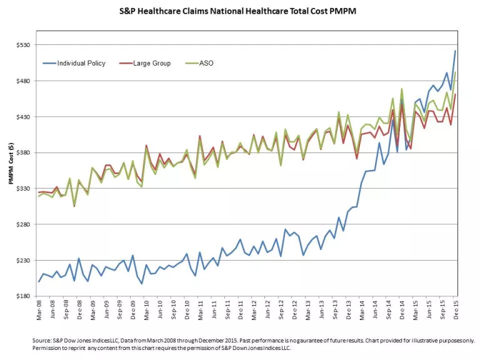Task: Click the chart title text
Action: (239, 11)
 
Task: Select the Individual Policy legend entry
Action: (81, 63)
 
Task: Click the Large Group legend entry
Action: (151, 63)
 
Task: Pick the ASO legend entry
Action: (206, 63)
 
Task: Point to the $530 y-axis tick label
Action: (22, 46)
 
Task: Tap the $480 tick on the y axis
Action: (22, 81)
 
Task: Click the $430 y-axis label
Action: (22, 117)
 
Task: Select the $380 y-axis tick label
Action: (22, 153)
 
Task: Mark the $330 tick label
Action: (22, 189)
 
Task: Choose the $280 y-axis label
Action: (22, 224)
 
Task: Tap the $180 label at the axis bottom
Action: (22, 296)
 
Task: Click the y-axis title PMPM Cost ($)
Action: (11, 167)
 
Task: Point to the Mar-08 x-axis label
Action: (39, 311)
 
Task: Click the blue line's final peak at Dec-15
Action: (455, 51)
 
